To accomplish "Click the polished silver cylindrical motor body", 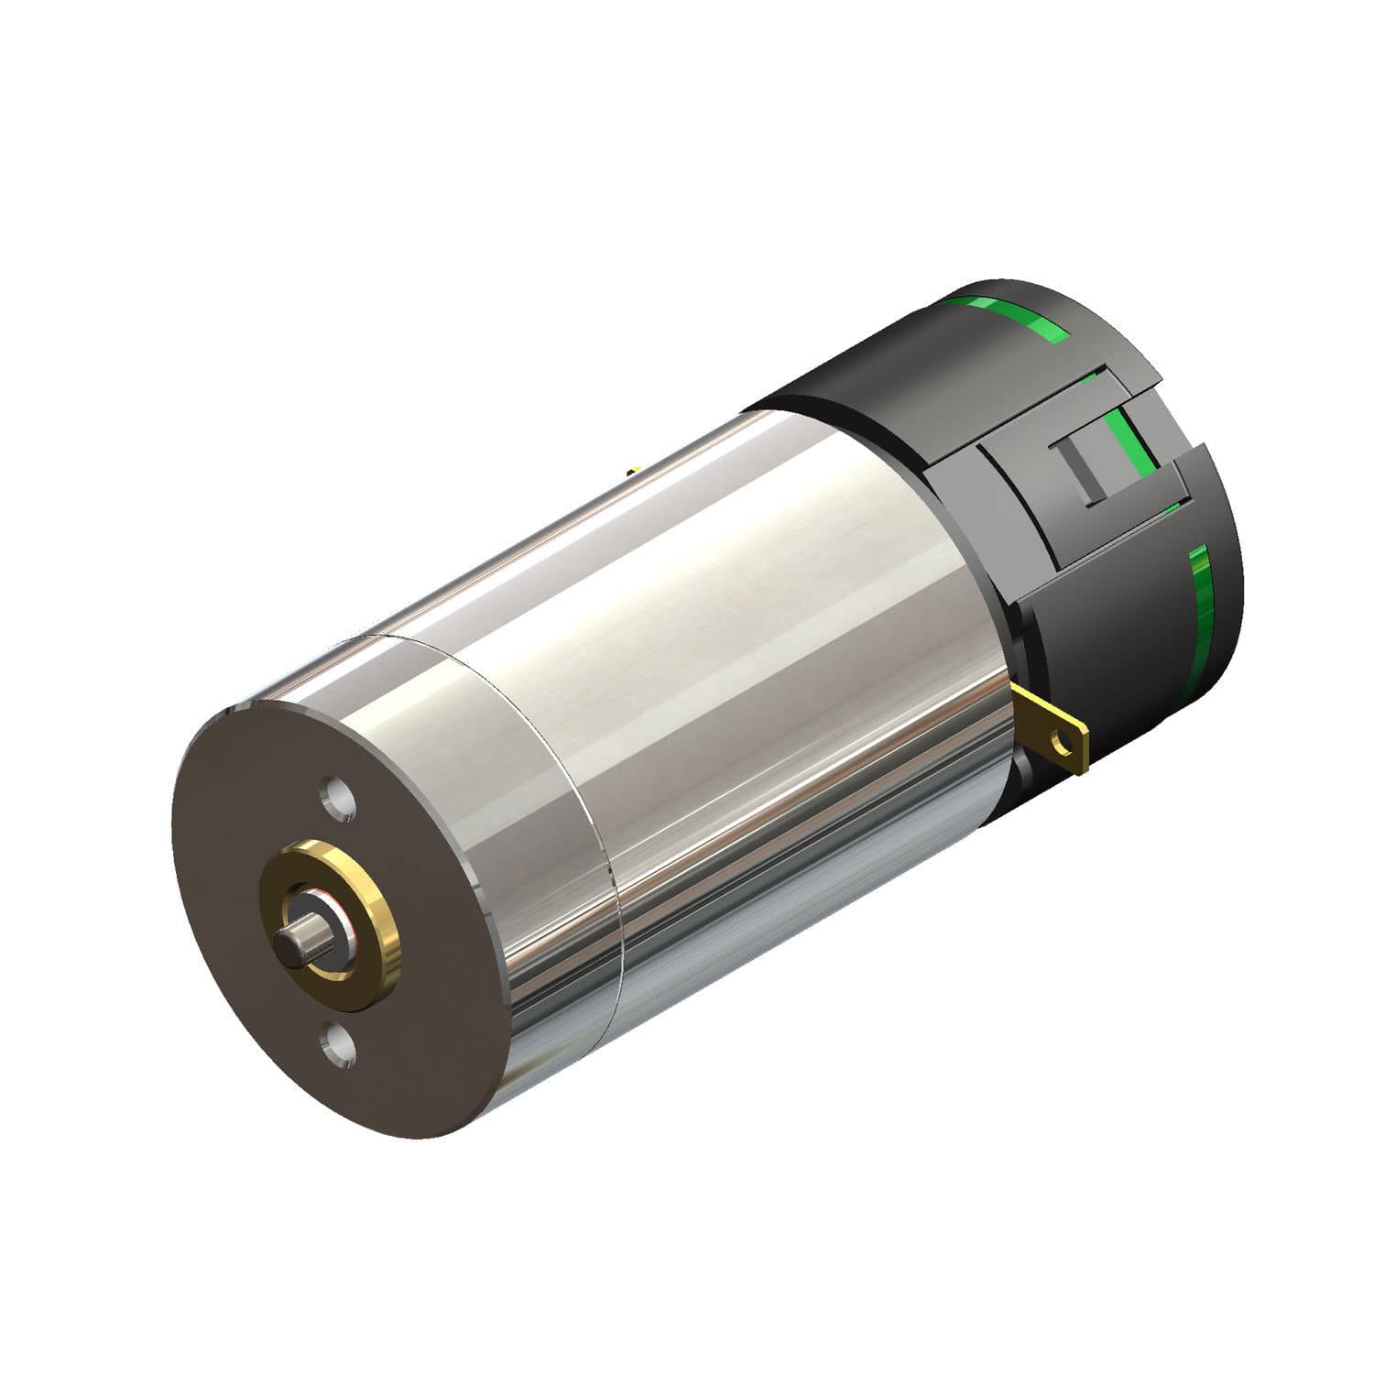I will [x=779, y=641].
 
